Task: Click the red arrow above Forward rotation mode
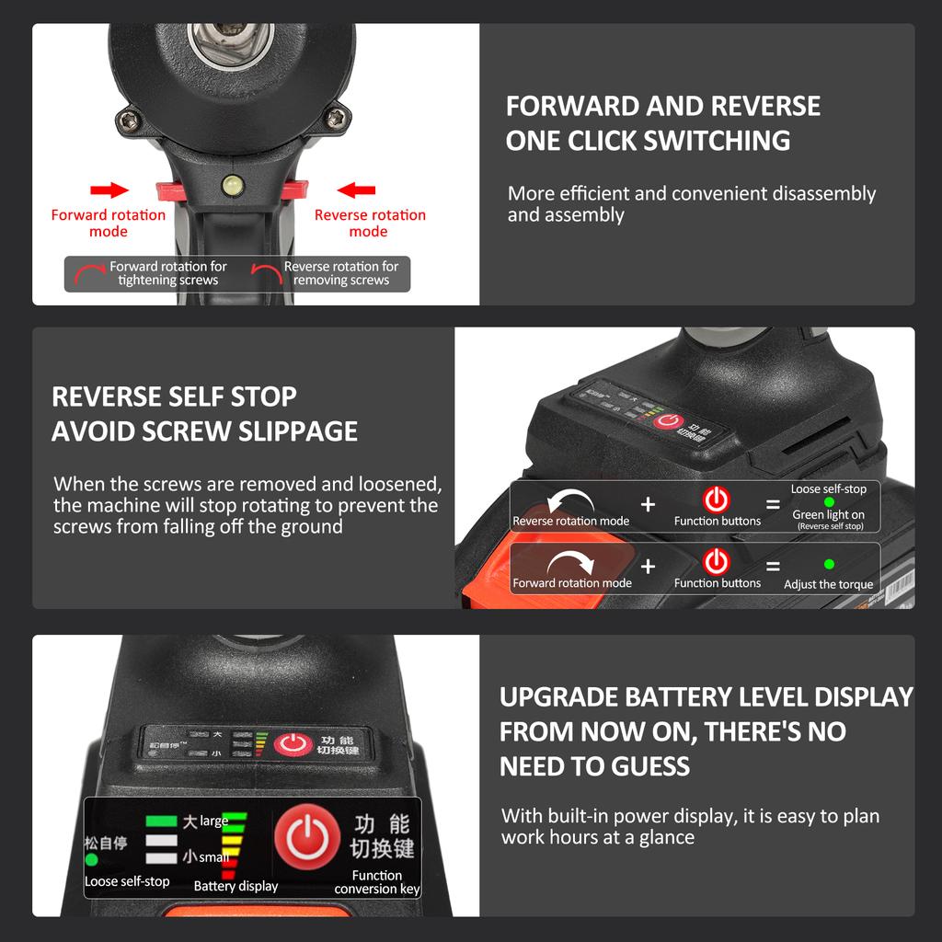(109, 190)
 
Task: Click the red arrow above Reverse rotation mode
(357, 190)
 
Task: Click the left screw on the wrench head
(129, 118)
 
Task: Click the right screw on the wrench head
(338, 118)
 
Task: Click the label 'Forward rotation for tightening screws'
(167, 273)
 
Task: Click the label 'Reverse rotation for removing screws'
(340, 273)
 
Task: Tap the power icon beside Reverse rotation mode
(716, 500)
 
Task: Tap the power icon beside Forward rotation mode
(716, 561)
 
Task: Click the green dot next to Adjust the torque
(829, 564)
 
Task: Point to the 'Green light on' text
(828, 515)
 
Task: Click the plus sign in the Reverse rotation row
(648, 504)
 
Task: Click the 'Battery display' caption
(235, 886)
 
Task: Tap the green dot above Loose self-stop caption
(92, 860)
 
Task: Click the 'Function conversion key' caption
(376, 882)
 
